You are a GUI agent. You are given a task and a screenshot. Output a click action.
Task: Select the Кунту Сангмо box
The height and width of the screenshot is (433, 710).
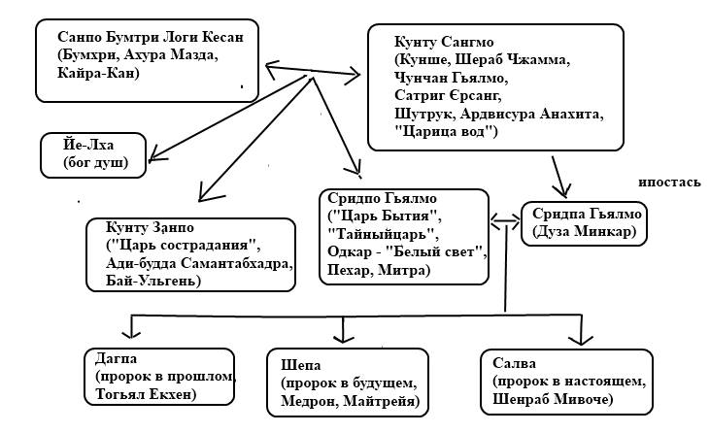[x=494, y=87]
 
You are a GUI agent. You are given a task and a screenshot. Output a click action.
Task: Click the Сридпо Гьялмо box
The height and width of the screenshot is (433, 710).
[x=403, y=235]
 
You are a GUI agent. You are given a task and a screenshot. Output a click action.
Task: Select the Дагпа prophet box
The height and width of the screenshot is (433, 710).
[x=160, y=379]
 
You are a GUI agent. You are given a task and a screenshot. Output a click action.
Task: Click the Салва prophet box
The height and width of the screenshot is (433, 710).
[x=551, y=381]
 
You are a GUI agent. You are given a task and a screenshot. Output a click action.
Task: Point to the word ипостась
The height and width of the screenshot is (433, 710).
[x=669, y=182]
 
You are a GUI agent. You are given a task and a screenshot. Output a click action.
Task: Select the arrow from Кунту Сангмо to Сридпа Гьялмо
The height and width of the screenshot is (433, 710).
[x=559, y=176]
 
